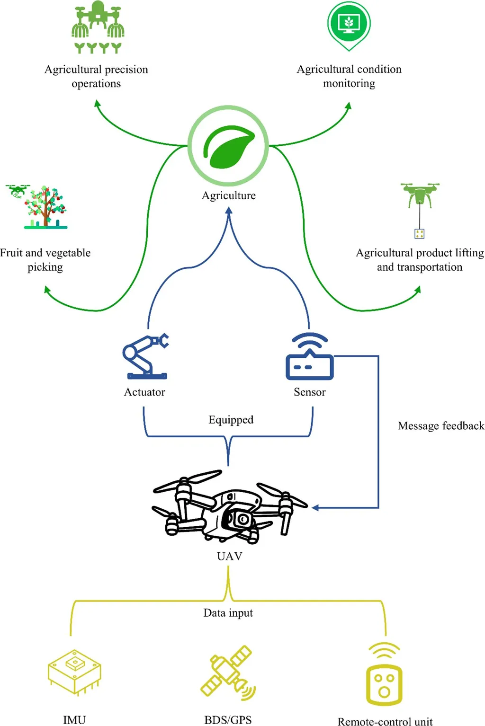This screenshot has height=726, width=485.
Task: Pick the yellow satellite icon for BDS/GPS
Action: tap(228, 671)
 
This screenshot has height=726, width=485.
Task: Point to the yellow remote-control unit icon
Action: tap(384, 675)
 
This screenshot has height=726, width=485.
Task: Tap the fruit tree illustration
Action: tap(46, 207)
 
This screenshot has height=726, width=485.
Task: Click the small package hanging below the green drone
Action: tap(419, 233)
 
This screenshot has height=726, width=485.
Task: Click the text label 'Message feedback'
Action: tap(440, 426)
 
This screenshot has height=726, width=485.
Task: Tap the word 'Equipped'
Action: tap(231, 420)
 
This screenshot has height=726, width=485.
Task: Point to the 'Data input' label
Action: tap(228, 613)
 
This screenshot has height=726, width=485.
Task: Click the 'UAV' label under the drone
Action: tap(229, 556)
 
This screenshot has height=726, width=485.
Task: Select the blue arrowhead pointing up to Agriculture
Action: tap(229, 212)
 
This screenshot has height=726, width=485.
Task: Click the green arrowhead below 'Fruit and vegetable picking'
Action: tap(47, 290)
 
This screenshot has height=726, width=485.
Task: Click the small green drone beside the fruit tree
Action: tap(18, 190)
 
